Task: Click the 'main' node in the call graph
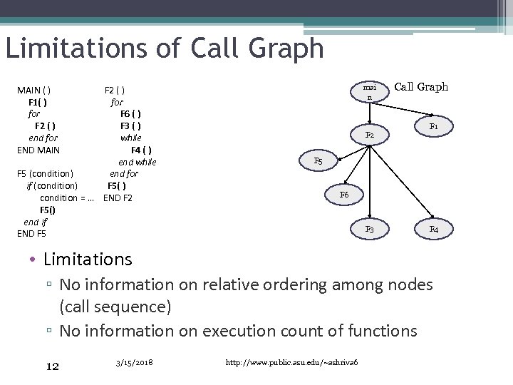click(369, 91)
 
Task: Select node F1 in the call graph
click(432, 126)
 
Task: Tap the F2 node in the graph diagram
click(369, 135)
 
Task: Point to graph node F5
click(318, 162)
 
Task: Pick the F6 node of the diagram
click(344, 194)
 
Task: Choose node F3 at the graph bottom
click(369, 230)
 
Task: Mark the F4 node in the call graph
click(433, 230)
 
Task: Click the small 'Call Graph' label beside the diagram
click(421, 87)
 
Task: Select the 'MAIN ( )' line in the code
click(33, 91)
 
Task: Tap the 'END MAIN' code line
click(38, 150)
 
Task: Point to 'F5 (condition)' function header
click(45, 174)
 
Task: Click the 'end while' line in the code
click(137, 162)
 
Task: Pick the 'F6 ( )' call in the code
click(130, 114)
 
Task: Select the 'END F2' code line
click(118, 197)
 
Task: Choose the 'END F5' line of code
click(31, 233)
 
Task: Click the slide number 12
click(52, 366)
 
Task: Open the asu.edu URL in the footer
click(291, 364)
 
